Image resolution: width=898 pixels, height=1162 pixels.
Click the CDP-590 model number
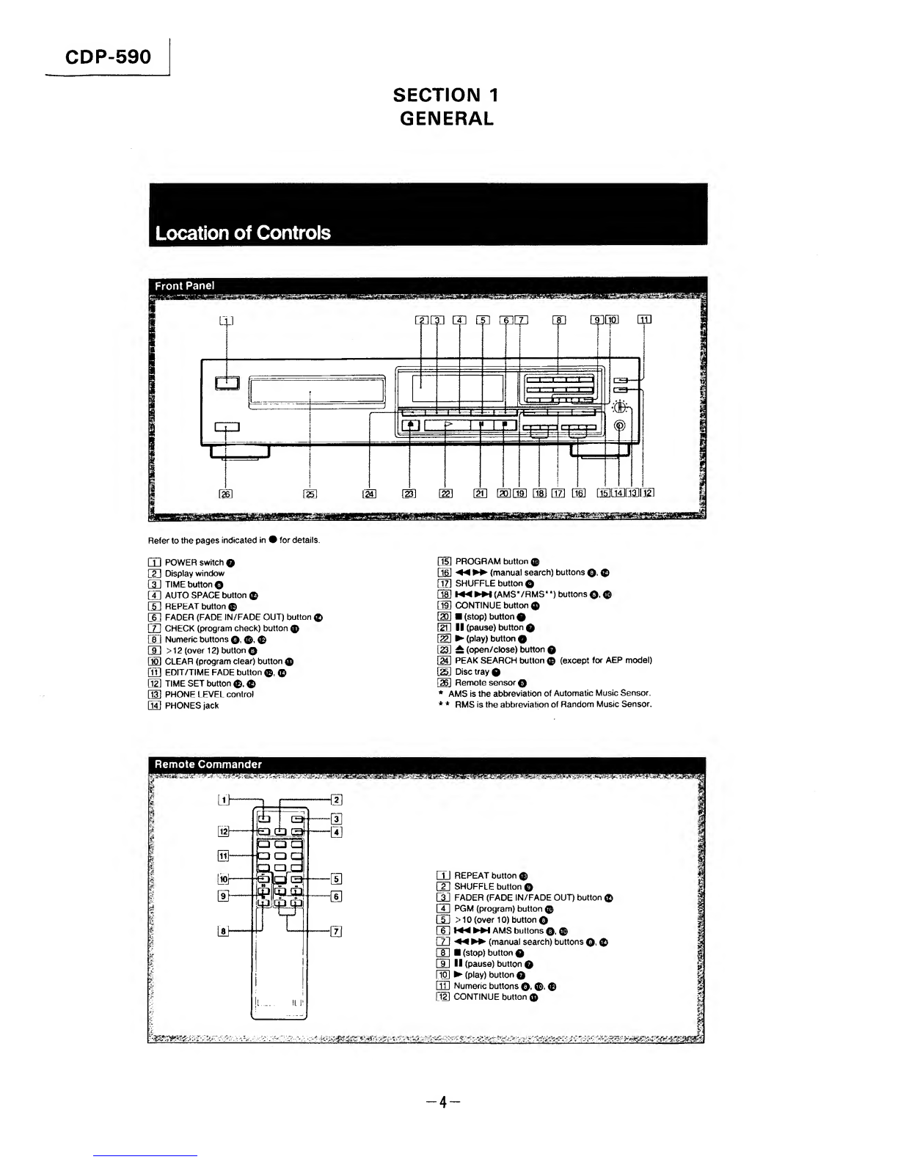point(108,56)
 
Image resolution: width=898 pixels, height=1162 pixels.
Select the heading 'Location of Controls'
point(243,233)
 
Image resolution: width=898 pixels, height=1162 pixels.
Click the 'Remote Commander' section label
point(207,764)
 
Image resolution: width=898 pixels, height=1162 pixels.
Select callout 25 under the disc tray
point(310,492)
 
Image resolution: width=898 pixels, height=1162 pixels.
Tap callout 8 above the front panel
point(559,319)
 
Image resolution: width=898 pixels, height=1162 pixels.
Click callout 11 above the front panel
point(644,319)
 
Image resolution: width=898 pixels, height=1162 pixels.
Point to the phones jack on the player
point(620,425)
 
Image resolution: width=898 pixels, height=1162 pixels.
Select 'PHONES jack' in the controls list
point(191,706)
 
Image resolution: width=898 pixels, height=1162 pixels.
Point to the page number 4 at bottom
point(443,1102)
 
